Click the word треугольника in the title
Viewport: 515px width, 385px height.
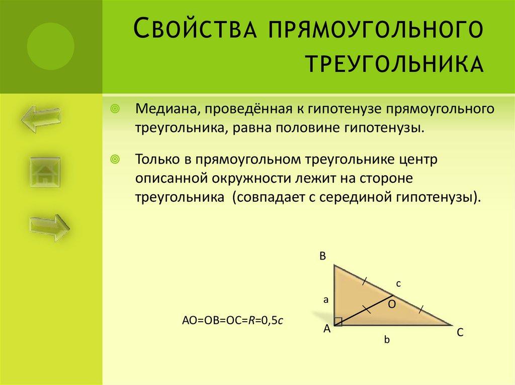[395, 65]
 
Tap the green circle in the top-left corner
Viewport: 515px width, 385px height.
[50, 47]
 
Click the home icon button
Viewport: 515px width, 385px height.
[45, 173]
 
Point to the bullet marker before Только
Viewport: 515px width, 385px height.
[115, 160]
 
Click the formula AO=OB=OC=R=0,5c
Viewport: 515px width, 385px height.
[233, 321]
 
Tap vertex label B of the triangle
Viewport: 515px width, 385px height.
[322, 256]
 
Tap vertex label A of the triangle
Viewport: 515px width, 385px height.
[326, 329]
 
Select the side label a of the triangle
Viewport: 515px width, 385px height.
[325, 300]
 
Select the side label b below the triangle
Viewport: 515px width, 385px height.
[387, 340]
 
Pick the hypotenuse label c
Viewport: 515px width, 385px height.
[397, 284]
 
